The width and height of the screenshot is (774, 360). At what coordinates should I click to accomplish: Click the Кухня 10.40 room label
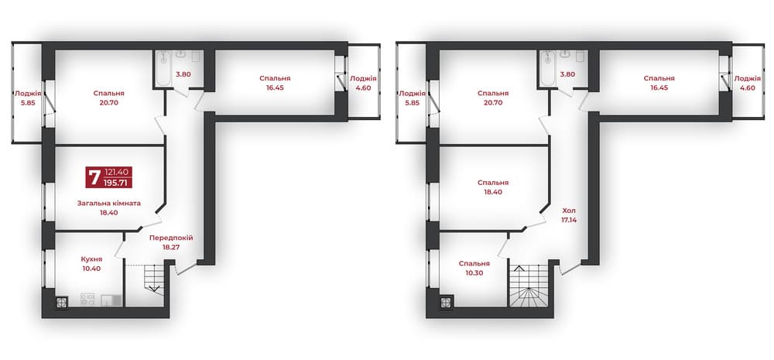[x=91, y=264]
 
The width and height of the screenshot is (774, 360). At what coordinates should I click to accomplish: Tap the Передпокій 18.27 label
[x=171, y=242]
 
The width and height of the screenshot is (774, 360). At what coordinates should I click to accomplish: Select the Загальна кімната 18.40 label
[x=108, y=207]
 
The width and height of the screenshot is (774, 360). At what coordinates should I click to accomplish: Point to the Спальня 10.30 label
[x=474, y=268]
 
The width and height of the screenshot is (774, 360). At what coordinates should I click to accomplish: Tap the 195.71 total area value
[x=118, y=183]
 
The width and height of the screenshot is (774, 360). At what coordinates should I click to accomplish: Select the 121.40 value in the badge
[x=117, y=172]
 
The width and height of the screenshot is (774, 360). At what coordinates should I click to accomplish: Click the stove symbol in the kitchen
[x=87, y=299]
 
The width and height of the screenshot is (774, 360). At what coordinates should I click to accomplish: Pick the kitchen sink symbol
[x=111, y=300]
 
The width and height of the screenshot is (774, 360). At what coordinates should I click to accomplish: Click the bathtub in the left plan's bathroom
[x=162, y=68]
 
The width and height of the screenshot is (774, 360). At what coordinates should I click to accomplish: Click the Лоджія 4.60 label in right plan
[x=747, y=83]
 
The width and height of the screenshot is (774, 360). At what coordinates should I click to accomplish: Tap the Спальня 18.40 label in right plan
[x=493, y=187]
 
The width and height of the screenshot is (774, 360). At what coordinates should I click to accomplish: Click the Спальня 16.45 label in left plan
[x=275, y=83]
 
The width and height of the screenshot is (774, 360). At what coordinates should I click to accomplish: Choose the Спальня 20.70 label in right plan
[x=493, y=98]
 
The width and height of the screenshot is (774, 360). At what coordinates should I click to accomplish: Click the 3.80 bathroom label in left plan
[x=183, y=74]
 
